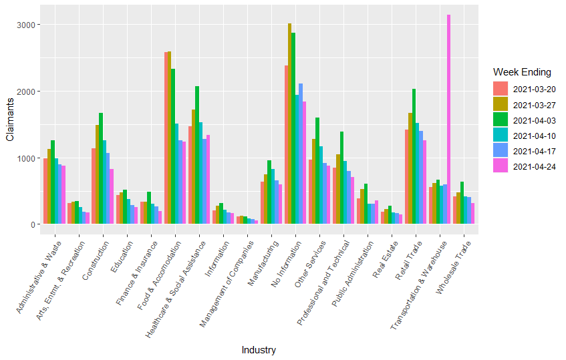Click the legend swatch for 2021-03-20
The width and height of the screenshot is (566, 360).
click(x=501, y=88)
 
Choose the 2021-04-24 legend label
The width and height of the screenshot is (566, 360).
click(x=535, y=165)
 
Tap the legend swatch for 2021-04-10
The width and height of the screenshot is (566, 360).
click(x=501, y=134)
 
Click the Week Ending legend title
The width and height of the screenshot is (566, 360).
click(x=522, y=71)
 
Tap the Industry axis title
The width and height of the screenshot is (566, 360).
click(x=259, y=350)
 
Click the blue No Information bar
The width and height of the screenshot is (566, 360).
click(x=301, y=154)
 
